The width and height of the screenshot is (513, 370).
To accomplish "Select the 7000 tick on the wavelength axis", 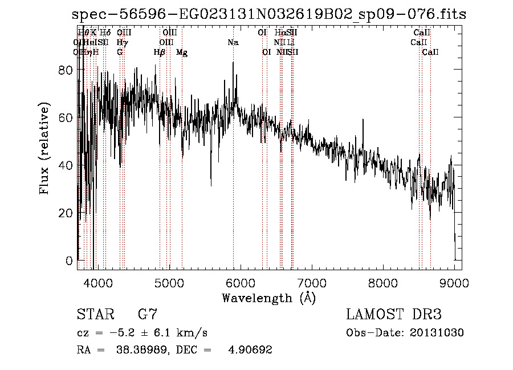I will tap(311, 283).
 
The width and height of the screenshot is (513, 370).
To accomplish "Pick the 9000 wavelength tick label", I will tap(454, 283).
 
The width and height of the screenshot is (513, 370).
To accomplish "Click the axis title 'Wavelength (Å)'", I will tap(268, 298).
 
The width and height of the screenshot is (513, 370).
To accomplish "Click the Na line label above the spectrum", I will tap(233, 42).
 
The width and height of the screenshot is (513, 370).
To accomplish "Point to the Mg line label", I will tap(182, 52).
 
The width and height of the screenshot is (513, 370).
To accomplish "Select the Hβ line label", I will tap(160, 52).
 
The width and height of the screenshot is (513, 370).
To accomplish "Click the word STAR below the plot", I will tap(95, 315).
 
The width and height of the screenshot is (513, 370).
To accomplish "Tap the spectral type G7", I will tap(147, 315).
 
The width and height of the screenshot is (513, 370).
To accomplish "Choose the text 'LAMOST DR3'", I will tap(394, 315).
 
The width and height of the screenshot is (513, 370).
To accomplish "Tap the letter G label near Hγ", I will tap(120, 52).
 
